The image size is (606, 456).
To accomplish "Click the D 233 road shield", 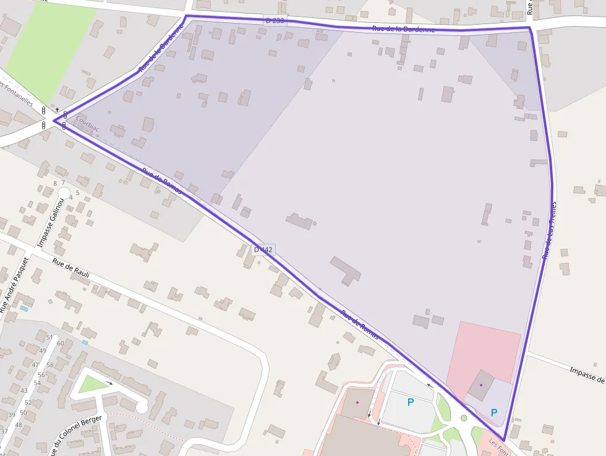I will tap(275, 20).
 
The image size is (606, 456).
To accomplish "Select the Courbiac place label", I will tap(87, 123).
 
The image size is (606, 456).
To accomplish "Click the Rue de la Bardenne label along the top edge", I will tap(403, 29).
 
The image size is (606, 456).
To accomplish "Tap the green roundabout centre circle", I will tap(464, 418).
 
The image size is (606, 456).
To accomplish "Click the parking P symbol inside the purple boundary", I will tap(494, 412).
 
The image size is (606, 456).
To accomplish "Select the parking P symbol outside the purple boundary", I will tap(410, 402).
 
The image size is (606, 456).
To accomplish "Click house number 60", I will tap(60, 343).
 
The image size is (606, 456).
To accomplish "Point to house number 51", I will tap(49, 337).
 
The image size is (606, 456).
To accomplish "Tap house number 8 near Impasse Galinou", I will tap(55, 184).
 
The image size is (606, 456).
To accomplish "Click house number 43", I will tap(23, 390).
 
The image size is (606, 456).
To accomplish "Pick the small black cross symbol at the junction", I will tap(57, 110).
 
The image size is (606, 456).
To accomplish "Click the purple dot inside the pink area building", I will tap(481, 385).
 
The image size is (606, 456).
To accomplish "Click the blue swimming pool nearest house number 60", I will tap(85, 342).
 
